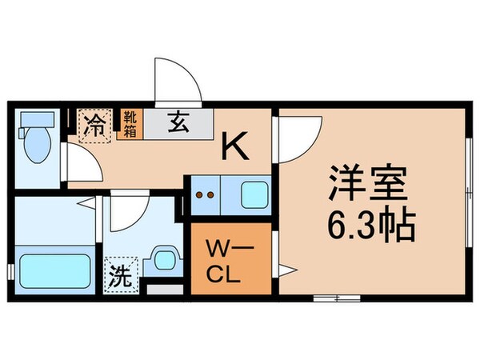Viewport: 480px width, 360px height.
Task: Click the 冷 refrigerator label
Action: (x=94, y=126)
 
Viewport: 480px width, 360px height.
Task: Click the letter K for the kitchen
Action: (x=234, y=146)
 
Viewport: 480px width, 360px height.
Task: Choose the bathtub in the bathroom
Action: (x=54, y=272)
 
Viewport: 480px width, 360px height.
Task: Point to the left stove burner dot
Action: (x=201, y=194)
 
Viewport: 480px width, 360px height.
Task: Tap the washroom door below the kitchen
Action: (x=126, y=212)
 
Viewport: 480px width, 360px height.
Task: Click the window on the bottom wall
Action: (x=336, y=298)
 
